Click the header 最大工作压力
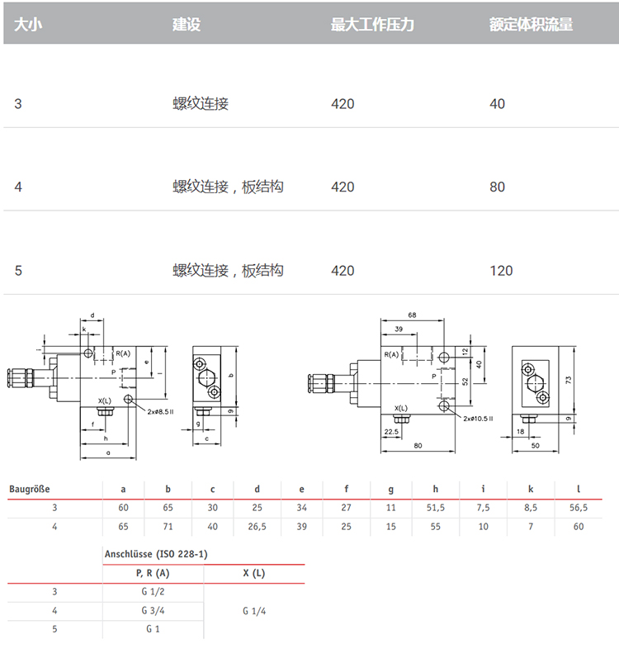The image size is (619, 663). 372,24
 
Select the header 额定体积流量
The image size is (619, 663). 532,24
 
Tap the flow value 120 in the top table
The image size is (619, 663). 501,271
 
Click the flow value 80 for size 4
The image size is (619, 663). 498,187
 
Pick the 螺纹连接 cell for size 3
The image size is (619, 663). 201,103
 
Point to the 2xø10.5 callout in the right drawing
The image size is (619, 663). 478,419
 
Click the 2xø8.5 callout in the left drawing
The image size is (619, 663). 160,412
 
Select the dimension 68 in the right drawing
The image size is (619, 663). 412,315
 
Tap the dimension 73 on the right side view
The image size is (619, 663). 569,380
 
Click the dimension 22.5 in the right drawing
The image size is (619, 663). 391,432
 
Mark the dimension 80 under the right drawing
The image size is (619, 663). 418,446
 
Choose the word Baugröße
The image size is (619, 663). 30,490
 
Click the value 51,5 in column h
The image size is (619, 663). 436,508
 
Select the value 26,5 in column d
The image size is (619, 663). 257,527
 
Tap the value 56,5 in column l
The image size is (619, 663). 579,508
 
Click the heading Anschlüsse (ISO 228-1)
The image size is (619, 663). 156,554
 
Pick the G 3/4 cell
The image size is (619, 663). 153,610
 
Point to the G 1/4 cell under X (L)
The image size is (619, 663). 254,611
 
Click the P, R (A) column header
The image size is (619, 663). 153,573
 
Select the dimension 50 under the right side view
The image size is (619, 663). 536,446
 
